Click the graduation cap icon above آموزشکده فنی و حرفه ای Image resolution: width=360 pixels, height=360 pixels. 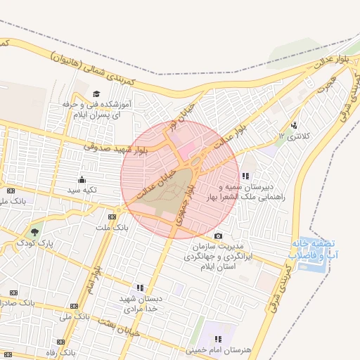pyautogui.click(x=96, y=94)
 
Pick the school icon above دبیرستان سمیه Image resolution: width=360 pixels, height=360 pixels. pyautogui.click(x=245, y=176)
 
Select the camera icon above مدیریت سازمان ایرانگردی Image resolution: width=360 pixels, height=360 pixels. pyautogui.click(x=218, y=236)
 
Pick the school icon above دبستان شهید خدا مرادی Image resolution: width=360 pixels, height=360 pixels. pyautogui.click(x=140, y=288)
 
